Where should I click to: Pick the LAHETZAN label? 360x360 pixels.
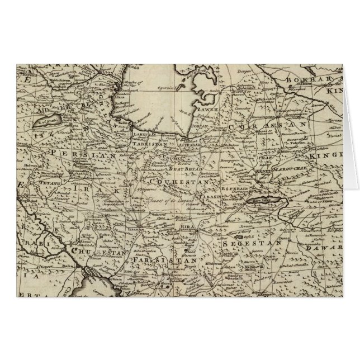click(x=144, y=134)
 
